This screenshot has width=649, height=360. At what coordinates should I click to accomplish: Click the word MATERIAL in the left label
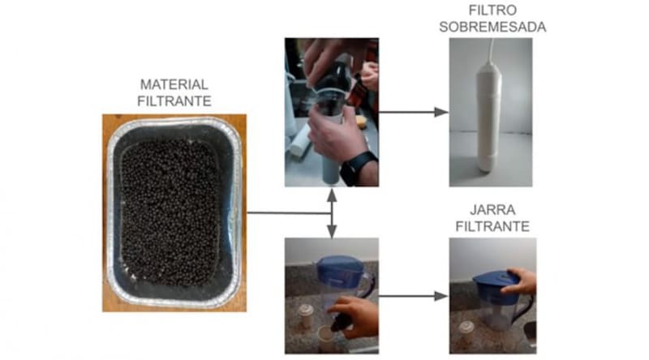pyautogui.click(x=174, y=84)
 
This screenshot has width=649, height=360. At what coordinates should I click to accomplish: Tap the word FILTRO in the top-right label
pyautogui.click(x=490, y=11)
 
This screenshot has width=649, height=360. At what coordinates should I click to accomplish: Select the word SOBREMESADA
pyautogui.click(x=491, y=28)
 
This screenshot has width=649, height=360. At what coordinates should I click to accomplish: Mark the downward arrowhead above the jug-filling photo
pyautogui.click(x=332, y=233)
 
